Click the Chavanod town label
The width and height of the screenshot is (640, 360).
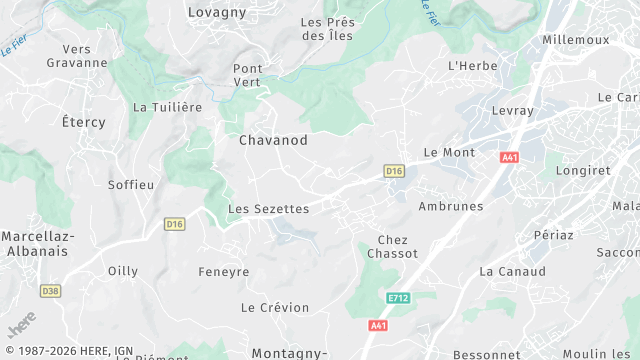pos(272,141)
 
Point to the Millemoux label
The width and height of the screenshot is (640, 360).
pos(575,40)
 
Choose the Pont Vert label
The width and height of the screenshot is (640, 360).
pos(247,75)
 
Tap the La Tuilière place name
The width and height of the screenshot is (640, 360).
pos(168,107)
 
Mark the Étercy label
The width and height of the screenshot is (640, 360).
pos(83,122)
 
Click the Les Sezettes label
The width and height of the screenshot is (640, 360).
pos(268,209)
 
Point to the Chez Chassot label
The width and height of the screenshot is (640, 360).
pos(392,247)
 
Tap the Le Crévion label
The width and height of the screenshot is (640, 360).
pos(276,307)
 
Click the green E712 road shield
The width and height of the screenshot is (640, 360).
pos(399,298)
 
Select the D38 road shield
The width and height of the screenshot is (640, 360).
pos(50,291)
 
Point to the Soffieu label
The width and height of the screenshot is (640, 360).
pos(131,185)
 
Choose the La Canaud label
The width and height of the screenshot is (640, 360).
pos(512,271)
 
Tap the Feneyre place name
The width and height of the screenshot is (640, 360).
pos(223,271)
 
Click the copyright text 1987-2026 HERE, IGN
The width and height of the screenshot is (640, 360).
pos(73,351)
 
